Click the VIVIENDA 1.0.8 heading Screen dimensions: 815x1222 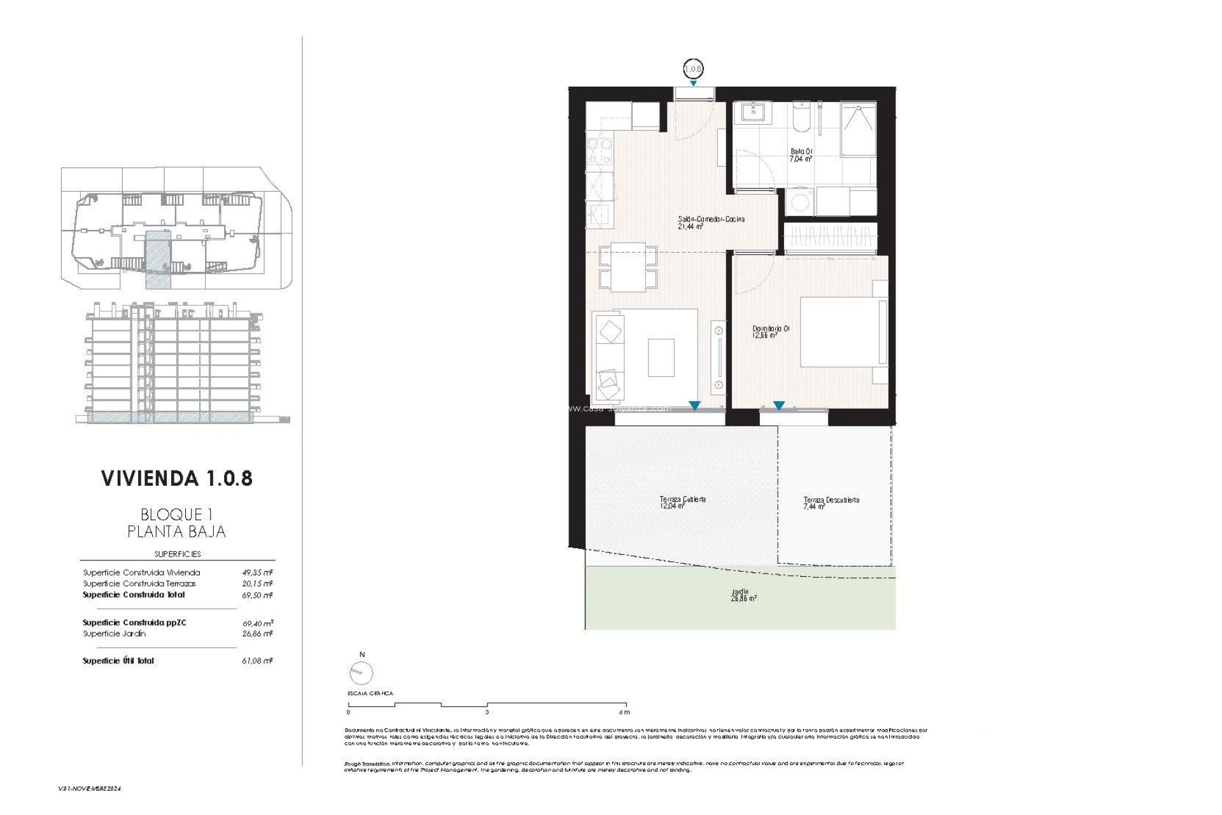tap(177, 479)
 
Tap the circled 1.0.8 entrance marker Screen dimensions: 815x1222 tap(692, 69)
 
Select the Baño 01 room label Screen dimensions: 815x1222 tap(801, 155)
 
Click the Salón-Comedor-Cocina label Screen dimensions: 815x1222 tap(710, 222)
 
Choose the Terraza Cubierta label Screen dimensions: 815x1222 tap(682, 503)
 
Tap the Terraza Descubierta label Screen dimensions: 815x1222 tap(831, 504)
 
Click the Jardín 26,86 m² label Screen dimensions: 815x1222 tap(743, 595)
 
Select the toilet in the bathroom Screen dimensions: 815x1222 tap(801, 118)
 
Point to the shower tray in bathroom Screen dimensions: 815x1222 tap(858, 129)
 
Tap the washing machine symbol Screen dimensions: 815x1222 tap(799, 202)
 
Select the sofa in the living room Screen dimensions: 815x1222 tap(609, 357)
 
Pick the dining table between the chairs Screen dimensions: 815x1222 tap(628, 267)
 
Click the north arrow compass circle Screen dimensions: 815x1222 tap(362, 673)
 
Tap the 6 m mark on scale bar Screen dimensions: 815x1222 tap(625, 712)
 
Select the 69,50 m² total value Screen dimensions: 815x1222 tap(257, 595)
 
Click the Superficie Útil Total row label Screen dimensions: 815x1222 tap(118, 661)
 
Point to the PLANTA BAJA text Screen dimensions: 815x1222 tap(176, 532)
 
